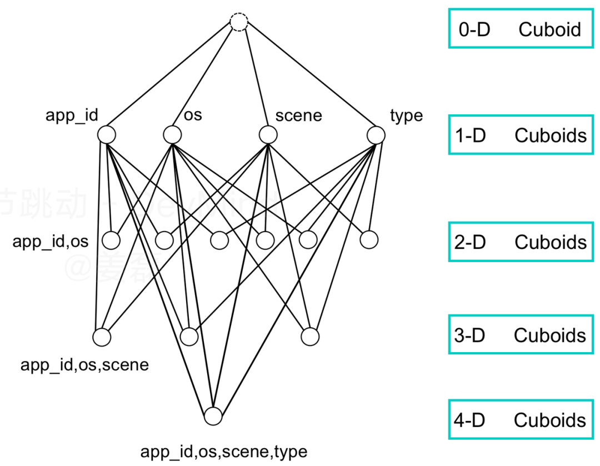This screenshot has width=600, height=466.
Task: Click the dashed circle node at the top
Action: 239,23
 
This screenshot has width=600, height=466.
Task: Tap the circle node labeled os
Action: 172,135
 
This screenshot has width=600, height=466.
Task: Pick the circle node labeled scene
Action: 268,135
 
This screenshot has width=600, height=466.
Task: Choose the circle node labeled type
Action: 376,135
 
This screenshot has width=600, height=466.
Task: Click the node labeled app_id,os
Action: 111,240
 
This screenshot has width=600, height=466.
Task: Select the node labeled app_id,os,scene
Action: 102,337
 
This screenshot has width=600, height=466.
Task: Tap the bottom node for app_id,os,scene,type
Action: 213,416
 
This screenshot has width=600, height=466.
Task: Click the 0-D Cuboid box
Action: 521,29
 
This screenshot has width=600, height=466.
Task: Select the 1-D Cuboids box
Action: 521,135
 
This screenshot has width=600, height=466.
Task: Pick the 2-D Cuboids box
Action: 521,242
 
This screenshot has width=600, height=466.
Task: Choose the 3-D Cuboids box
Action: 521,335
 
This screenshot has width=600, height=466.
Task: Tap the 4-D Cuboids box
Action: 521,419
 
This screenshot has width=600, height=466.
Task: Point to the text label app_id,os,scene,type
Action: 224,452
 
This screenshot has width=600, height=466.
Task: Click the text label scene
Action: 298,116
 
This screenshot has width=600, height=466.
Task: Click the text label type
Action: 406,116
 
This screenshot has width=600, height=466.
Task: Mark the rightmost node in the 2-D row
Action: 369,240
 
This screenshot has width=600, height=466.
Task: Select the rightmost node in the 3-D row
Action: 311,337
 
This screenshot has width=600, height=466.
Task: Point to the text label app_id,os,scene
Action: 84,365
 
